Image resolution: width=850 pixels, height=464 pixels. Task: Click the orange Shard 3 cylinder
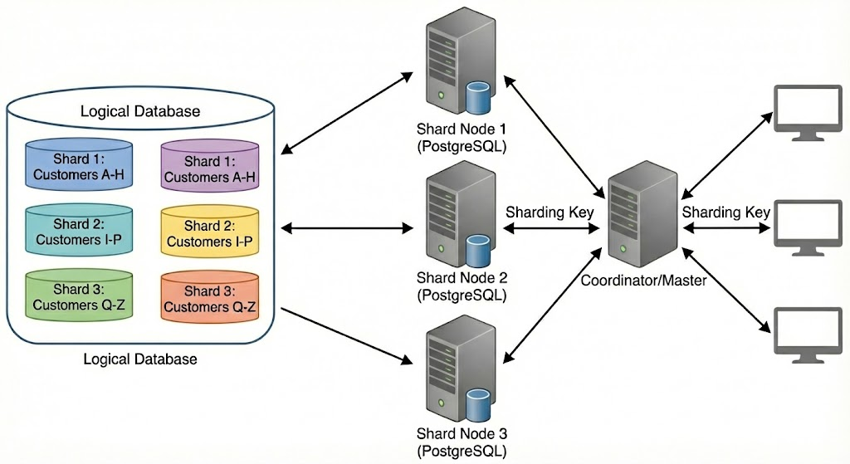209,294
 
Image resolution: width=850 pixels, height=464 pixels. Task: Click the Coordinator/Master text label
643,281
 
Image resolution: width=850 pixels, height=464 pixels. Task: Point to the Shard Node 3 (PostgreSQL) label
461,442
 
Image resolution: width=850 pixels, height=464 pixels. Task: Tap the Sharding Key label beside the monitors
726,212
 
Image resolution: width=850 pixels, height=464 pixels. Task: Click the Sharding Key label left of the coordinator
550,212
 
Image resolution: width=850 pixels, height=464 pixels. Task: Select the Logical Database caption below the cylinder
140,359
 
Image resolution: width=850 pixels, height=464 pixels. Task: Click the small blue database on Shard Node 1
476,97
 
